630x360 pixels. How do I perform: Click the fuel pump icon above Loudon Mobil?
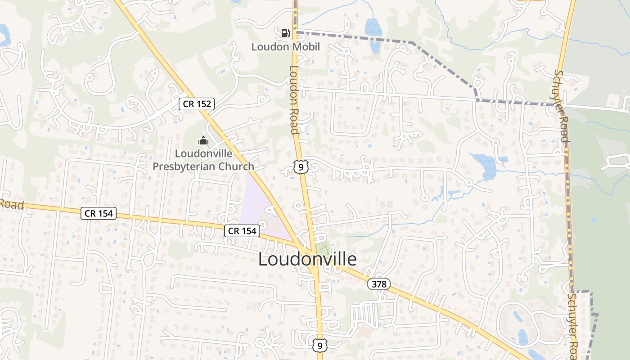pos(285,33)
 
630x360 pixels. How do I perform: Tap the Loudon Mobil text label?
pos(285,46)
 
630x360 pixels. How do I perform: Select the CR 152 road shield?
pos(197,104)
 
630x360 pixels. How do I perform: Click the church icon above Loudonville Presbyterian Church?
pos(203,140)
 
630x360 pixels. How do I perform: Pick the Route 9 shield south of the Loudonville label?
pos(319,345)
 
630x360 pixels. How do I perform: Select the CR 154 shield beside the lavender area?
pos(243,231)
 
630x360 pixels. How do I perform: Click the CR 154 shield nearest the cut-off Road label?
pos(99,213)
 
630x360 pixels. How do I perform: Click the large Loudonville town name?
pos(307,259)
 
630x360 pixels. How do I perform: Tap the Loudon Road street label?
pos(294,100)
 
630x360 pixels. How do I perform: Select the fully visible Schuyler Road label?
pos(562,106)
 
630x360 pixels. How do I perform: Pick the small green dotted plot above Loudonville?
pos(322,248)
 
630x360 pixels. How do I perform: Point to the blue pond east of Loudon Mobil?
pos(373,27)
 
